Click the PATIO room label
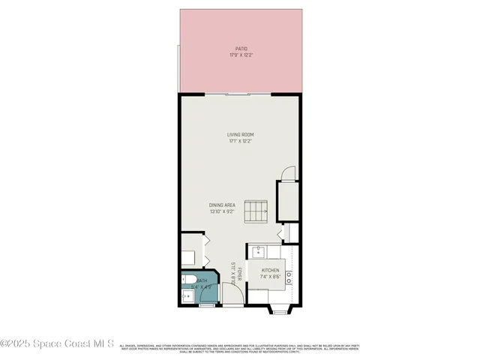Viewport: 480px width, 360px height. [x=240, y=49]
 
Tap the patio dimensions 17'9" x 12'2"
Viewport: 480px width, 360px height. [x=240, y=55]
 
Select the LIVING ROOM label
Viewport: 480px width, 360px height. [x=240, y=135]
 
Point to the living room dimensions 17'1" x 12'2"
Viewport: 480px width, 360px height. [x=240, y=141]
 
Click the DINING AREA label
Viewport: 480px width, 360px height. [x=223, y=205]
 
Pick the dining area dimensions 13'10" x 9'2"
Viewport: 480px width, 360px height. [x=223, y=211]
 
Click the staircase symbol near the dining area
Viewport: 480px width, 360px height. [x=257, y=211]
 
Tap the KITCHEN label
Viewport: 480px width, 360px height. [x=270, y=270]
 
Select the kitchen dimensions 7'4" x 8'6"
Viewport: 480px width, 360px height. [x=270, y=277]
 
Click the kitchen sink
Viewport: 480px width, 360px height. [x=259, y=251]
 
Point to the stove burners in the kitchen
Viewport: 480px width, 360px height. [x=289, y=277]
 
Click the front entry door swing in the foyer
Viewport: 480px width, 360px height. [x=234, y=297]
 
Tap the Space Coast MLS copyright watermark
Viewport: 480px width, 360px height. [x=58, y=344]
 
